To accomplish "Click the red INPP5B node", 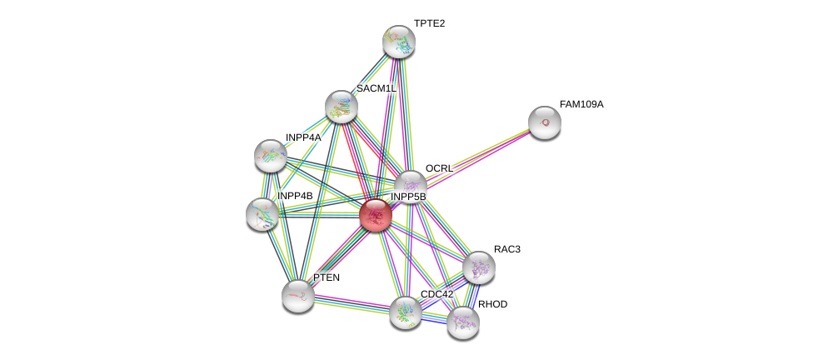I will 376,215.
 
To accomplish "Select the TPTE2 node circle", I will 399,42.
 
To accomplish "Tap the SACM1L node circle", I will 341,107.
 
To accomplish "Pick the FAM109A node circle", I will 545,122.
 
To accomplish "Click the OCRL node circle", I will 410,187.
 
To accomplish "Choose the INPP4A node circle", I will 271,155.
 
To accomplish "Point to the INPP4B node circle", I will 262,214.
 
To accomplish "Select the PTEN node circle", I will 297,295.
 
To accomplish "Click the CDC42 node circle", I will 406,312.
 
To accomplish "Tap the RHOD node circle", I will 462,322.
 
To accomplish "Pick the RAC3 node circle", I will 479,267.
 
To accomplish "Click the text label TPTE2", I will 429,23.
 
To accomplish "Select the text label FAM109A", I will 581,104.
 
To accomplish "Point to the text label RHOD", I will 492,304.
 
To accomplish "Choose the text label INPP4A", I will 302,137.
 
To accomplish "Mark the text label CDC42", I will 436,294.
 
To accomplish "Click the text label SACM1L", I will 376,88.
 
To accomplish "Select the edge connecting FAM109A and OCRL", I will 477,154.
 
